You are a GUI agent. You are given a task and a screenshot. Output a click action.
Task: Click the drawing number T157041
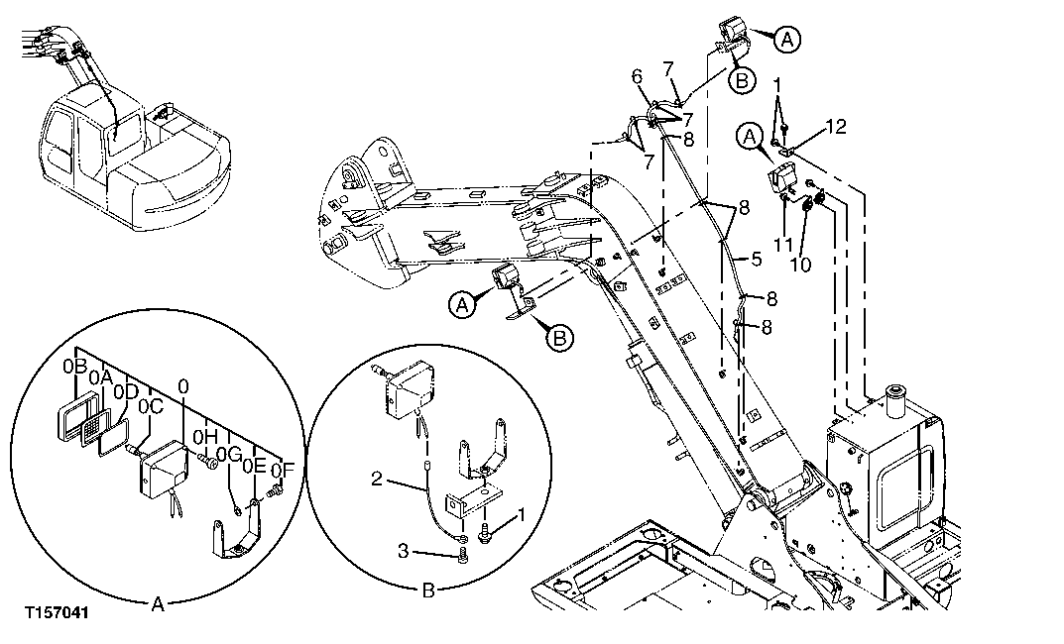pyautogui.click(x=58, y=613)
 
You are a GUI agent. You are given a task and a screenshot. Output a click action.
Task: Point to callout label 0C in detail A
pyautogui.click(x=151, y=406)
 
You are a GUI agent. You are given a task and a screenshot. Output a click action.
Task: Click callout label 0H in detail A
pyautogui.click(x=204, y=435)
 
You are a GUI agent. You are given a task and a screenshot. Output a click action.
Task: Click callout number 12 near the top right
pyautogui.click(x=835, y=127)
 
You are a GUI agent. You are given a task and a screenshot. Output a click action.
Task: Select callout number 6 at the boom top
pyautogui.click(x=637, y=75)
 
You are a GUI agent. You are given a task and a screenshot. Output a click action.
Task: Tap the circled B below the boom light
pyautogui.click(x=560, y=338)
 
